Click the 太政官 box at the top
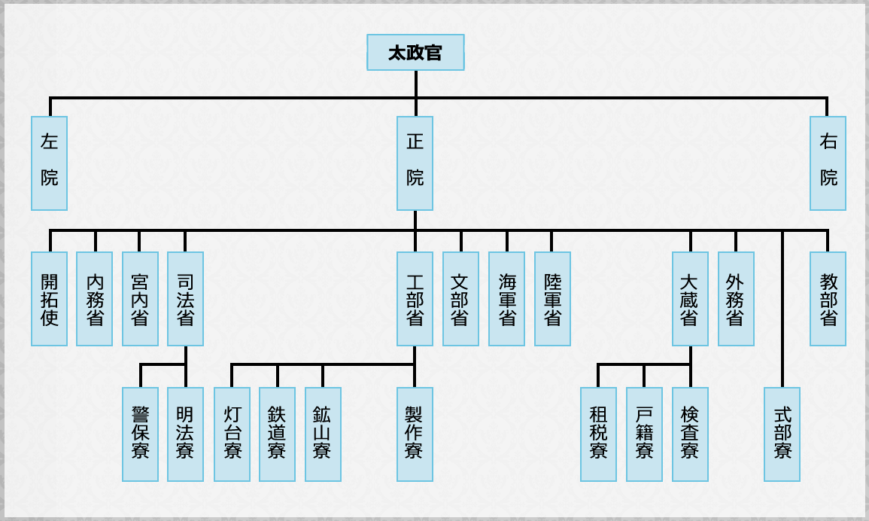pyautogui.click(x=415, y=53)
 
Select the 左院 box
pyautogui.click(x=50, y=163)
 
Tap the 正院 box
pyautogui.click(x=415, y=163)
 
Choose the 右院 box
pyautogui.click(x=828, y=163)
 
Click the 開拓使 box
pyautogui.click(x=50, y=299)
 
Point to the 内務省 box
pyautogui.click(x=95, y=299)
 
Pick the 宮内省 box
pyautogui.click(x=140, y=299)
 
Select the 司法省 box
pyautogui.click(x=185, y=299)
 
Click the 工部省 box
pyautogui.click(x=415, y=299)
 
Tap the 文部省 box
pyautogui.click(x=460, y=299)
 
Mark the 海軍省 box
pyautogui.click(x=506, y=299)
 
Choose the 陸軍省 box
pyautogui.click(x=552, y=299)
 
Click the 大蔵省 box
pyautogui.click(x=690, y=299)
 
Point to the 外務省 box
pyautogui.click(x=736, y=299)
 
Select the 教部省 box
pyautogui.click(x=828, y=299)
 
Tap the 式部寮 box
pyautogui.click(x=782, y=434)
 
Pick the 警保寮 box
pyautogui.click(x=140, y=434)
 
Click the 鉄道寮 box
pyautogui.click(x=277, y=434)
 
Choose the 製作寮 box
pyautogui.click(x=415, y=434)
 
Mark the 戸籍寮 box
pyautogui.click(x=644, y=434)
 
